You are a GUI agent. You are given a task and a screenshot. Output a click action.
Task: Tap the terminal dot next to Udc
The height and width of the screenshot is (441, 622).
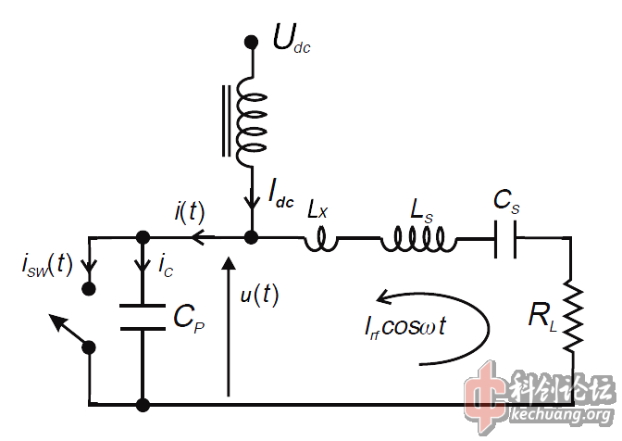[x=250, y=42]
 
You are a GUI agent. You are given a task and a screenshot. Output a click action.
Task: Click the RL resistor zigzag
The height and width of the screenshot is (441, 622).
[x=572, y=314]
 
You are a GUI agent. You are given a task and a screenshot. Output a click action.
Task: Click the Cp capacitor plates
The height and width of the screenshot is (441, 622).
[x=143, y=314]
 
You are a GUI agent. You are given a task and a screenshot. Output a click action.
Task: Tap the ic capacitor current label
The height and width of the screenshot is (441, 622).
[x=165, y=267]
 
